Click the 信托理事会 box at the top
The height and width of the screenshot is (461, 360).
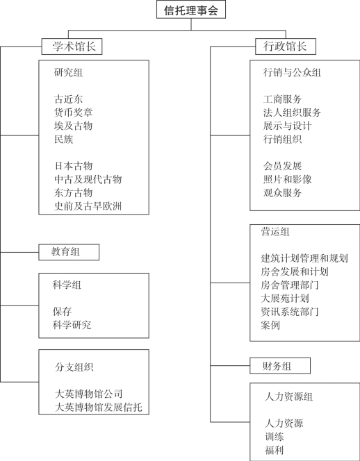191,10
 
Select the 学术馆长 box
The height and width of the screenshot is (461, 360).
72,47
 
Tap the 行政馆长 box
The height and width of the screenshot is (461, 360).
286,47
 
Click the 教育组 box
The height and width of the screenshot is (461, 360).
69,252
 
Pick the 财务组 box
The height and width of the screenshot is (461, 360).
280,366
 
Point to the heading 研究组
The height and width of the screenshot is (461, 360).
69,72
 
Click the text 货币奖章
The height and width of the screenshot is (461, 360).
73,112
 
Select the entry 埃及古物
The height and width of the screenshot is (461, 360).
73,126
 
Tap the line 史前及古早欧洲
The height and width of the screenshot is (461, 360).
88,206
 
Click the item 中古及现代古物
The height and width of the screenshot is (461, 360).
88,179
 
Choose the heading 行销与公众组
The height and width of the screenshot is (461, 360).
292,72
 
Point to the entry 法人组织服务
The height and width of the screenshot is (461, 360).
292,112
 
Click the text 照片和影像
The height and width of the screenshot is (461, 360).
287,179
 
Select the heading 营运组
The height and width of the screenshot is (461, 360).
275,232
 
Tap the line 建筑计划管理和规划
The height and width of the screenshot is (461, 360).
304,258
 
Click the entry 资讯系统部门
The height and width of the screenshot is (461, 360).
290,312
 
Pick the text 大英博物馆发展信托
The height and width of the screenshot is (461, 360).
99,408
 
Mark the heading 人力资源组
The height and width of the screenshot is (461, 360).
289,396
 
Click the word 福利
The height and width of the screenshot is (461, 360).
274,450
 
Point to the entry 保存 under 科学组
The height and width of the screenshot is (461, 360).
62,311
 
